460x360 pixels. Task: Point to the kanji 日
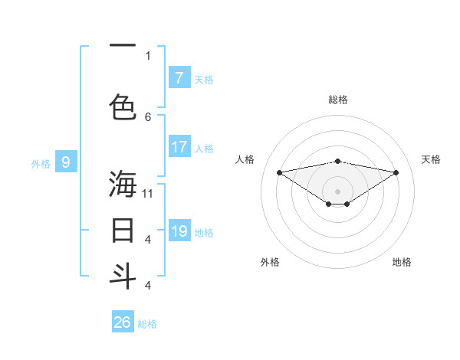pos(123,231)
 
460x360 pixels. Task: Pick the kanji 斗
pos(123,276)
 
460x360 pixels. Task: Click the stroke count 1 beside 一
pos(148,55)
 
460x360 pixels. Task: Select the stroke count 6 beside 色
pos(148,116)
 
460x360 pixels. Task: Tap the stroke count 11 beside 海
pos(148,193)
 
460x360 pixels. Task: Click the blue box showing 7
pos(179,78)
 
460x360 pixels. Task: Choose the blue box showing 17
pos(179,147)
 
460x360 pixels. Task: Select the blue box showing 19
pos(179,231)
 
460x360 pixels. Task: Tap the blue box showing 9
pos(66,162)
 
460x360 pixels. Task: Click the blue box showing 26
pos(123,322)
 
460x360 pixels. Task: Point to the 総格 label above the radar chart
pos(337,100)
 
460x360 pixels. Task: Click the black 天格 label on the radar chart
pos(432,159)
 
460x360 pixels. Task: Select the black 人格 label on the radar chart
pos(245,159)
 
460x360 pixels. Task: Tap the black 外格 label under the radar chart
pos(269,262)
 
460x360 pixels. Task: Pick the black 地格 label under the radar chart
pos(402,262)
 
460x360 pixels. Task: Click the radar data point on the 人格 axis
pos(279,172)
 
